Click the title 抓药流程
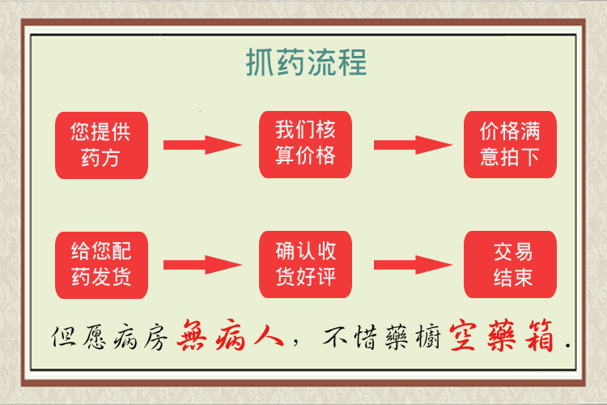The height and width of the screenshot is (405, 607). tap(306, 62)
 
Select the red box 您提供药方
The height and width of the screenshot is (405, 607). tap(101, 145)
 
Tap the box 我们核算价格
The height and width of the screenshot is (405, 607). tap(305, 144)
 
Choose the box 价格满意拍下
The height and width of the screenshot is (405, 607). tap(510, 144)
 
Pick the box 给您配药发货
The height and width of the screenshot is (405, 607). tap(101, 265)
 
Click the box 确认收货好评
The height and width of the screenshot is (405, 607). tap(305, 264)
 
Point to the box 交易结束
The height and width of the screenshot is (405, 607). tap(510, 264)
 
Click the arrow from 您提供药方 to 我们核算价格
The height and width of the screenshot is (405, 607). tap(202, 145)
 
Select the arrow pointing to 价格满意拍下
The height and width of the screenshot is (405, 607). tap(413, 145)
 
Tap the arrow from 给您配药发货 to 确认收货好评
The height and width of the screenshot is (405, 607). tap(202, 265)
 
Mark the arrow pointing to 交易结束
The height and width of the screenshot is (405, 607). tap(413, 265)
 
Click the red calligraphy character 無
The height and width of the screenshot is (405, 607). tap(191, 335)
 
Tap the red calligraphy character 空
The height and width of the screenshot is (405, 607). tap(463, 335)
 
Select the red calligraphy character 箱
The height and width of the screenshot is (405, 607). tap(538, 335)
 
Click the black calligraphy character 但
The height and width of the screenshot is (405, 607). tap(63, 336)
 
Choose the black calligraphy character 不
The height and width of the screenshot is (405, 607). tap(337, 335)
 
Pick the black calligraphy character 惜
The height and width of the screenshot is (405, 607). tap(366, 336)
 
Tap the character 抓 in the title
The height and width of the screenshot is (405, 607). tap(260, 62)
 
